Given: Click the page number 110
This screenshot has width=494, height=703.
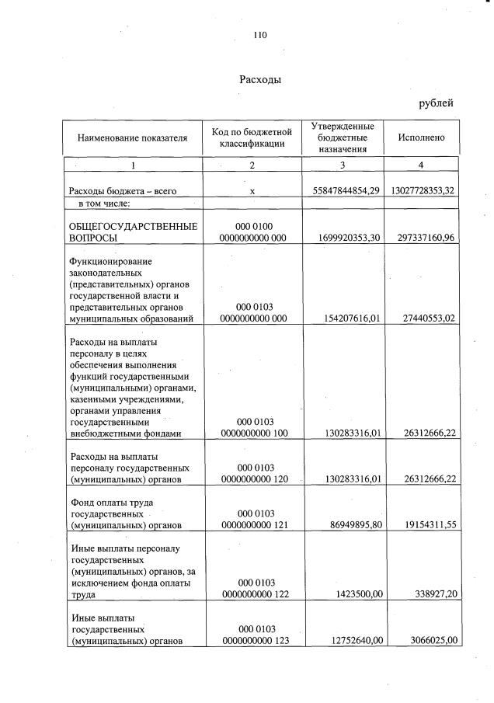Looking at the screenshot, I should [x=259, y=34].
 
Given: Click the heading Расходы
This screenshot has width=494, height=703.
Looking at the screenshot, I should [x=259, y=79].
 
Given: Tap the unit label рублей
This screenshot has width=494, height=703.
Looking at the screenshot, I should [x=436, y=103].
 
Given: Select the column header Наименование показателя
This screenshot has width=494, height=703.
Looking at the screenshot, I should [x=132, y=138].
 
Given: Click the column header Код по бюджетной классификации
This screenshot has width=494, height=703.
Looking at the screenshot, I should [x=252, y=138].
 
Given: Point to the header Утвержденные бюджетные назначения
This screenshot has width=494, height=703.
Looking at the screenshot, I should [x=343, y=137].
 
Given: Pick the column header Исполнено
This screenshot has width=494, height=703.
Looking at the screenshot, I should [x=421, y=137].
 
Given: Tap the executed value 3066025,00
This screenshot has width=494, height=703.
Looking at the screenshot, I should [x=429, y=641].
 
